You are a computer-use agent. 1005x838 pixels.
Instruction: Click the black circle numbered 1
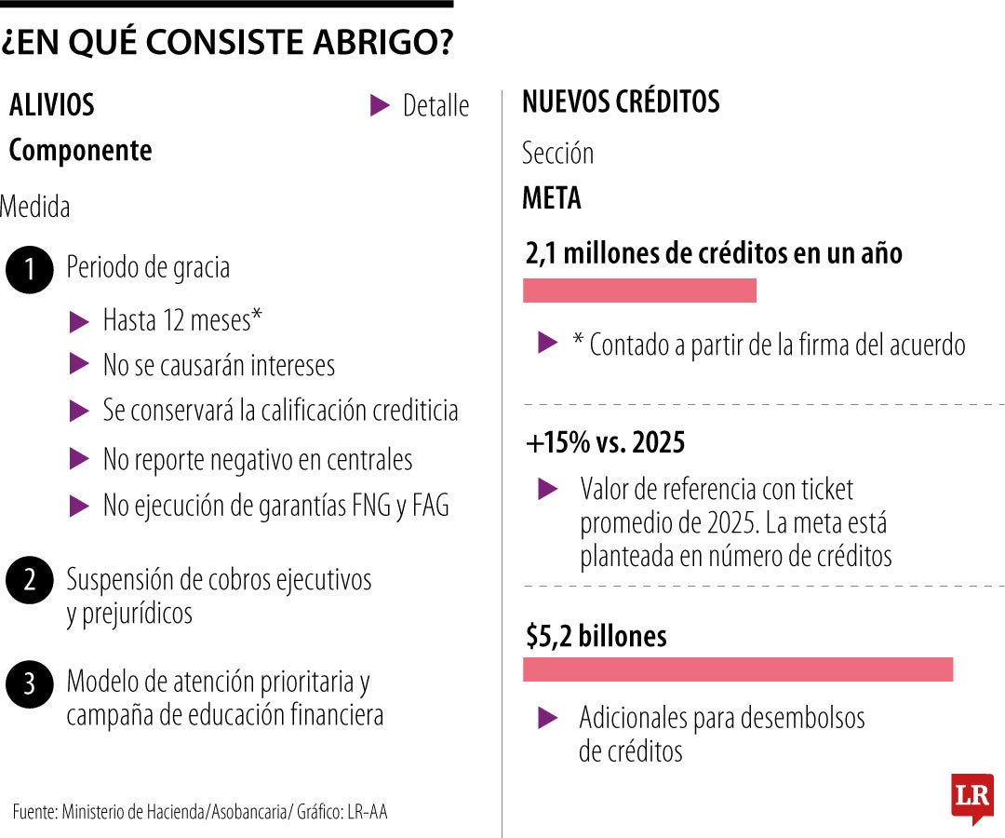click(x=30, y=270)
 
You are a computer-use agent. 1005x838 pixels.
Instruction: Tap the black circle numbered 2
click(x=30, y=581)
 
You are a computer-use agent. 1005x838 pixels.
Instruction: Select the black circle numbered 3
click(x=30, y=684)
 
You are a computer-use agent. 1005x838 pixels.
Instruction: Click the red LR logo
click(x=971, y=798)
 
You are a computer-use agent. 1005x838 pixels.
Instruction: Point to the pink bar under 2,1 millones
click(x=639, y=291)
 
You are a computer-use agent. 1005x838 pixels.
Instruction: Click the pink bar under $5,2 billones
click(x=738, y=669)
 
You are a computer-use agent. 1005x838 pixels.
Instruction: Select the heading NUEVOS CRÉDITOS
click(x=621, y=102)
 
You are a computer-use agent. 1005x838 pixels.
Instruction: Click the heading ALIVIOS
click(x=52, y=105)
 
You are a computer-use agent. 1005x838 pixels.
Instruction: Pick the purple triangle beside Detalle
click(x=379, y=105)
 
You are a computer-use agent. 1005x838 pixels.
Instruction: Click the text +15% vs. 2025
click(x=605, y=443)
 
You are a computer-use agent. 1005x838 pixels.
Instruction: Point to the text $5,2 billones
click(x=596, y=636)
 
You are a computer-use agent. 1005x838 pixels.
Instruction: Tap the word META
click(x=552, y=198)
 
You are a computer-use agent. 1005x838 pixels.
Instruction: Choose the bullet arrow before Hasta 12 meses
click(x=80, y=322)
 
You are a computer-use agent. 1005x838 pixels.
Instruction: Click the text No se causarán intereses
click(x=219, y=366)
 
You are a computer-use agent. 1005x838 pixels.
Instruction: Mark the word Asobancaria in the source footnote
click(x=248, y=812)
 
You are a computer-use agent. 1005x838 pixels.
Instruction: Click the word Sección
click(x=557, y=153)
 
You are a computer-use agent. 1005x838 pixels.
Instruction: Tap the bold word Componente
click(x=80, y=151)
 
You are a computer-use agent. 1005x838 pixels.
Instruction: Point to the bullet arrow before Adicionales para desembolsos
click(x=549, y=718)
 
